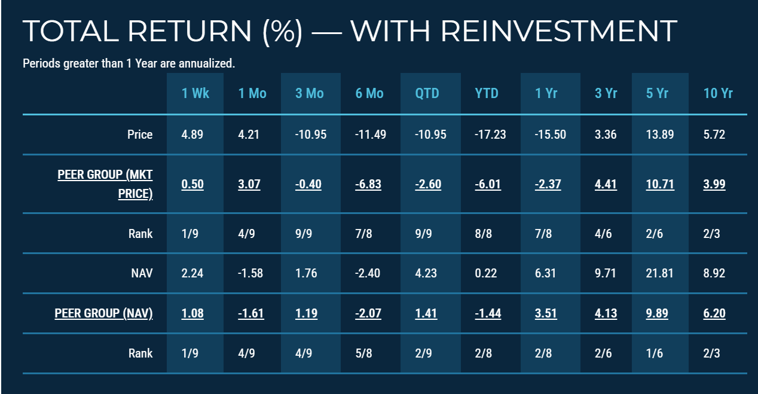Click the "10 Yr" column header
click(718, 93)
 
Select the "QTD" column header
click(427, 93)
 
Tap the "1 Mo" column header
click(252, 93)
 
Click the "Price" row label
click(140, 135)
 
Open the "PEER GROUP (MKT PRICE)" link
click(105, 184)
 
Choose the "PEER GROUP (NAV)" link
click(103, 313)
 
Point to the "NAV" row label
click(141, 273)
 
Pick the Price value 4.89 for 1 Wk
click(192, 135)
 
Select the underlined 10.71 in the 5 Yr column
click(660, 184)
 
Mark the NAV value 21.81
click(660, 273)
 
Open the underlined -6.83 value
click(368, 184)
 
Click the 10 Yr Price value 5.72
click(715, 135)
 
